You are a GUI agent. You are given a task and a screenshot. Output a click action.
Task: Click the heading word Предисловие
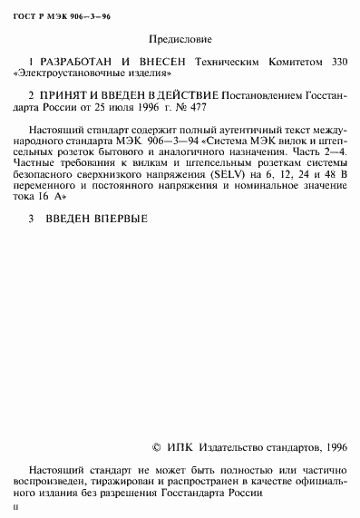(x=179, y=40)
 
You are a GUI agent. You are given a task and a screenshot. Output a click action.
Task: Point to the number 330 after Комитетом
(x=336, y=64)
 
